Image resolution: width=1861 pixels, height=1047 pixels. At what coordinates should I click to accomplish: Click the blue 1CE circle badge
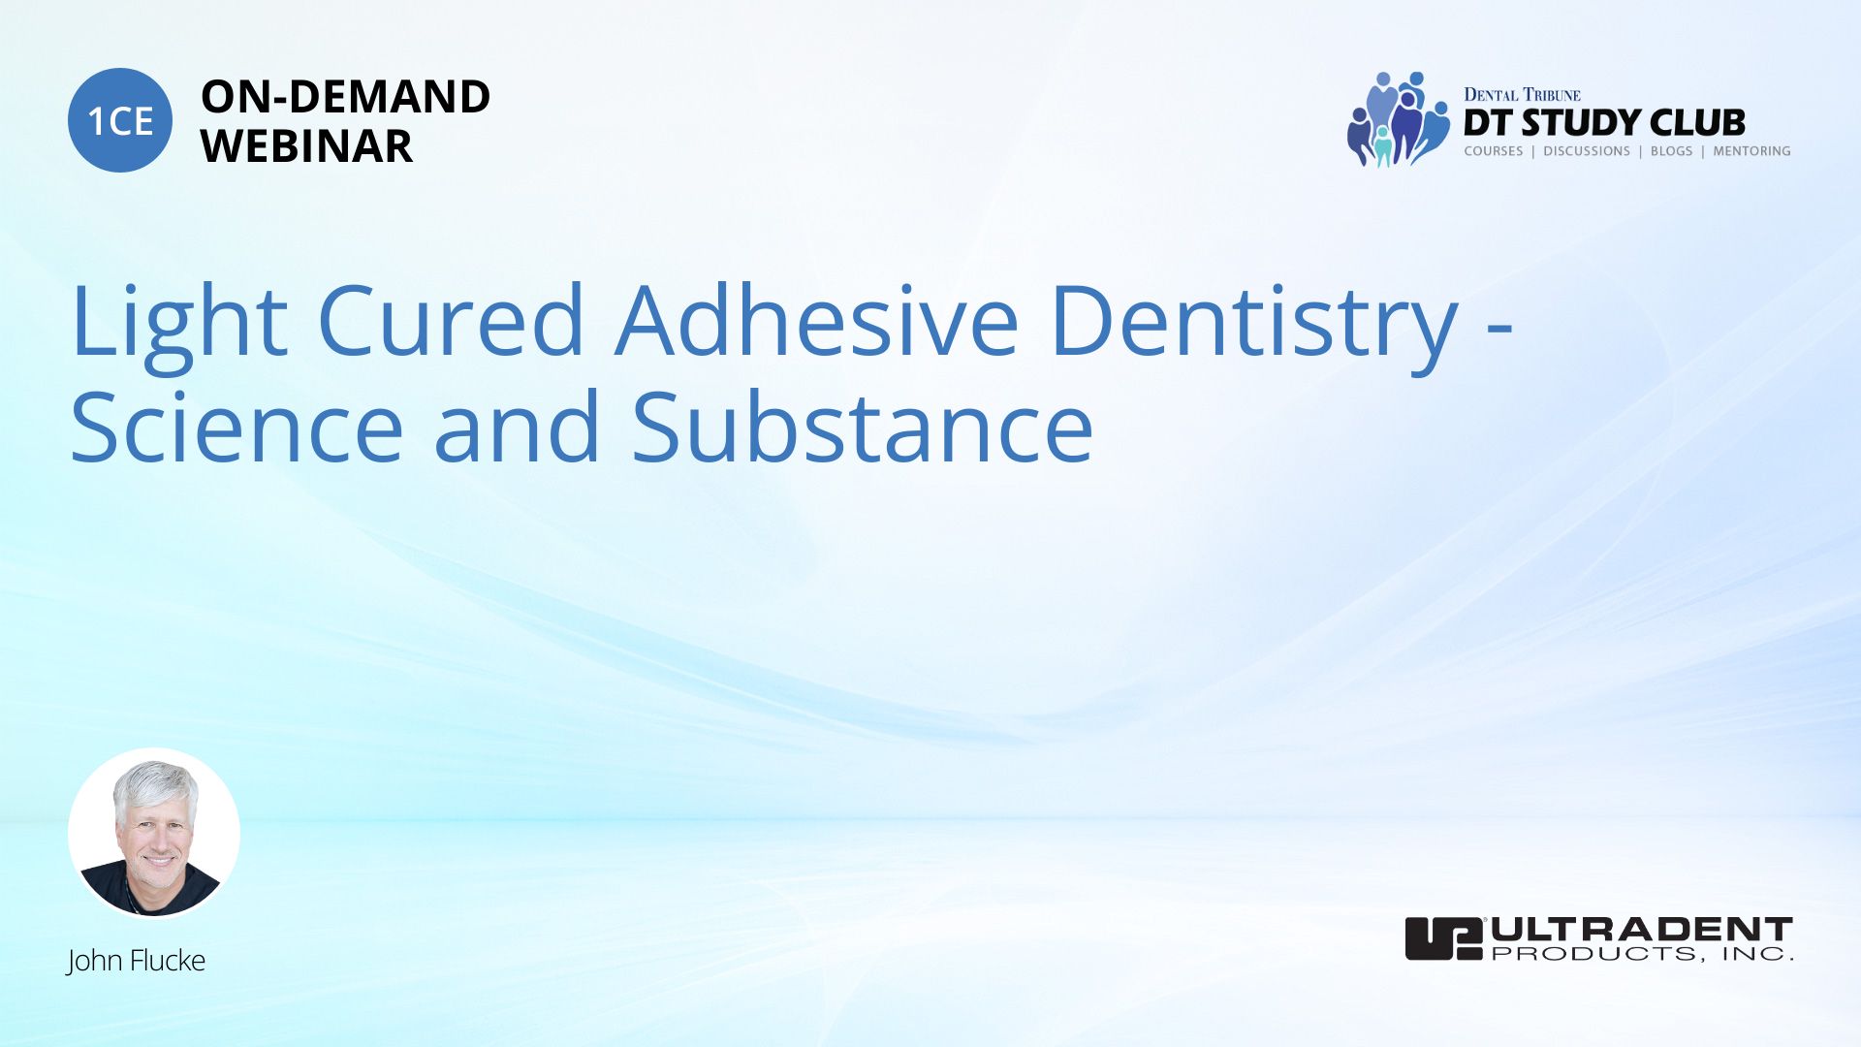pos(120,120)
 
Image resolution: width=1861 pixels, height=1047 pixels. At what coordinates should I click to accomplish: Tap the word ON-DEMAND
pos(345,97)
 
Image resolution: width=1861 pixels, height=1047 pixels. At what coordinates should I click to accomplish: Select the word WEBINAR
pos(306,146)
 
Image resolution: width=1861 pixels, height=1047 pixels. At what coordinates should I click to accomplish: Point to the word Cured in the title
pos(451,320)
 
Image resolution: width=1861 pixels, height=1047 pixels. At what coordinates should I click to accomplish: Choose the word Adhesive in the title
pos(817,320)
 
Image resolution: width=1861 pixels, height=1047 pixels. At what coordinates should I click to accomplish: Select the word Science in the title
pos(237,427)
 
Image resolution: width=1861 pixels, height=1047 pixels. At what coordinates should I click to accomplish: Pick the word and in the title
pos(517,427)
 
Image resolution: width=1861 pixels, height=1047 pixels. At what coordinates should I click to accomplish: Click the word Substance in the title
pos(863,427)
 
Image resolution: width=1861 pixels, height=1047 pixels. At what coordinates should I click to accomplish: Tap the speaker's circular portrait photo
pos(154,833)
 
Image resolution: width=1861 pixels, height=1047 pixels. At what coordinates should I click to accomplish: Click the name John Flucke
pos(136,961)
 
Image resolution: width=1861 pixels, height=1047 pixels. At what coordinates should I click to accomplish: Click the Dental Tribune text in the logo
pos(1522,94)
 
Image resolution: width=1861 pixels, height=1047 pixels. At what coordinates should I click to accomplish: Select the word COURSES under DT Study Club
pos(1493,151)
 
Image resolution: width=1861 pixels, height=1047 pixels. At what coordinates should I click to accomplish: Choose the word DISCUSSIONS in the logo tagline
pos(1587,151)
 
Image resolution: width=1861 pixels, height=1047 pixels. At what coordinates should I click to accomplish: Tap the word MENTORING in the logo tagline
pos(1751,151)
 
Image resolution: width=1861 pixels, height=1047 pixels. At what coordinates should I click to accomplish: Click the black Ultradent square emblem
pos(1444,938)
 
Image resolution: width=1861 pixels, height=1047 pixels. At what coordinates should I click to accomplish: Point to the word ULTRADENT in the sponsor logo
pos(1642,929)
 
